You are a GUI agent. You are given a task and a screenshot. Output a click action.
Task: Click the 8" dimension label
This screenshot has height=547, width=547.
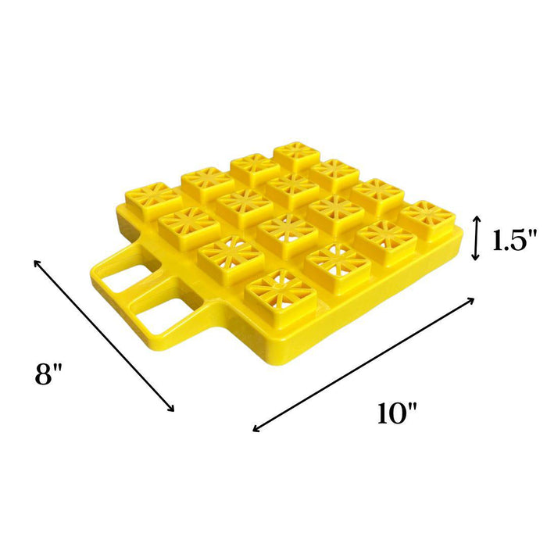click(x=48, y=374)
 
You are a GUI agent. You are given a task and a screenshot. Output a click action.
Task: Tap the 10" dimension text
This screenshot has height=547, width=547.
click(x=397, y=413)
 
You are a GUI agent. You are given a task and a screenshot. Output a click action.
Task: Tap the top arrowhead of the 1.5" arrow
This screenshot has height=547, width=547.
click(x=476, y=218)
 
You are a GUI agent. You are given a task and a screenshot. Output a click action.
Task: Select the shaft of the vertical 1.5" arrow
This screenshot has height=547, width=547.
click(x=476, y=238)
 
